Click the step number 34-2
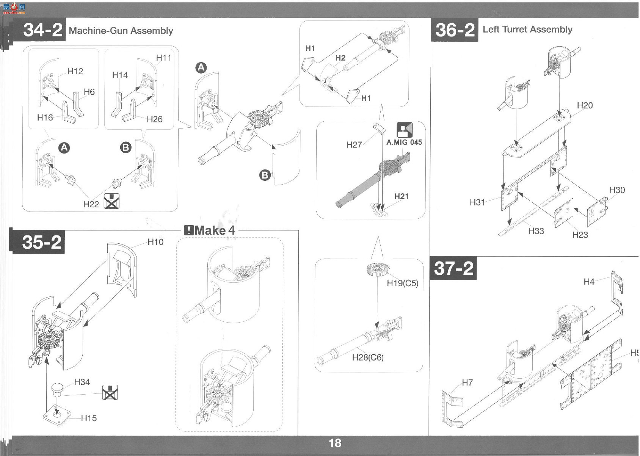[x=42, y=30]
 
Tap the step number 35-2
[x=42, y=242]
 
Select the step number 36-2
[x=455, y=30]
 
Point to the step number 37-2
[x=453, y=268]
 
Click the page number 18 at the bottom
[x=335, y=443]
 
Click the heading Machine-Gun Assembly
[x=121, y=31]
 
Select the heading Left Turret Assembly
[x=527, y=30]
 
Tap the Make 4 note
[x=210, y=230]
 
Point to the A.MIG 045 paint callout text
[x=404, y=142]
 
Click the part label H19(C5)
[x=402, y=283]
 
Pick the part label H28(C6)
[x=368, y=357]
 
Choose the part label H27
[x=354, y=145]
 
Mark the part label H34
[x=82, y=382]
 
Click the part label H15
[x=89, y=418]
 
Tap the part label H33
[x=536, y=231]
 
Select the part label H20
[x=585, y=105]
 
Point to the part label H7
[x=467, y=382]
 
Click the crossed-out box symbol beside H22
[x=111, y=201]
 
